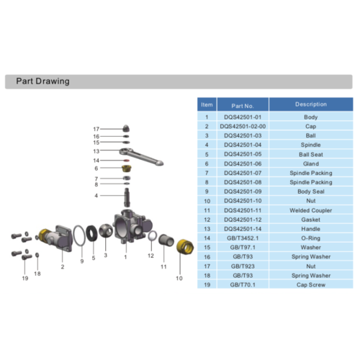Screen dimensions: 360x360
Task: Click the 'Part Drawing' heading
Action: click(x=42, y=81)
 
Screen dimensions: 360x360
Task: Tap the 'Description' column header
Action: click(x=311, y=105)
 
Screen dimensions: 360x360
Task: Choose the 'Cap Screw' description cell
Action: click(x=311, y=284)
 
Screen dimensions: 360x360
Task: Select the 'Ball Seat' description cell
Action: click(x=311, y=153)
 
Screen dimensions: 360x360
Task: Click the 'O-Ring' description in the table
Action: click(x=311, y=238)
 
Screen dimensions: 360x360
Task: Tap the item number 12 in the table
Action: click(x=207, y=219)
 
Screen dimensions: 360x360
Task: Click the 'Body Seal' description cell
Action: click(x=311, y=191)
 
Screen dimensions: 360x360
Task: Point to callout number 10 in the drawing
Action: click(x=179, y=277)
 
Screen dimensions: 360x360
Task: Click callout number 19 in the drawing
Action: click(x=24, y=277)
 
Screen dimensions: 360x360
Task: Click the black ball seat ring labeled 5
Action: click(x=92, y=233)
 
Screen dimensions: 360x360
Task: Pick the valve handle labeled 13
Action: click(x=148, y=148)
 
